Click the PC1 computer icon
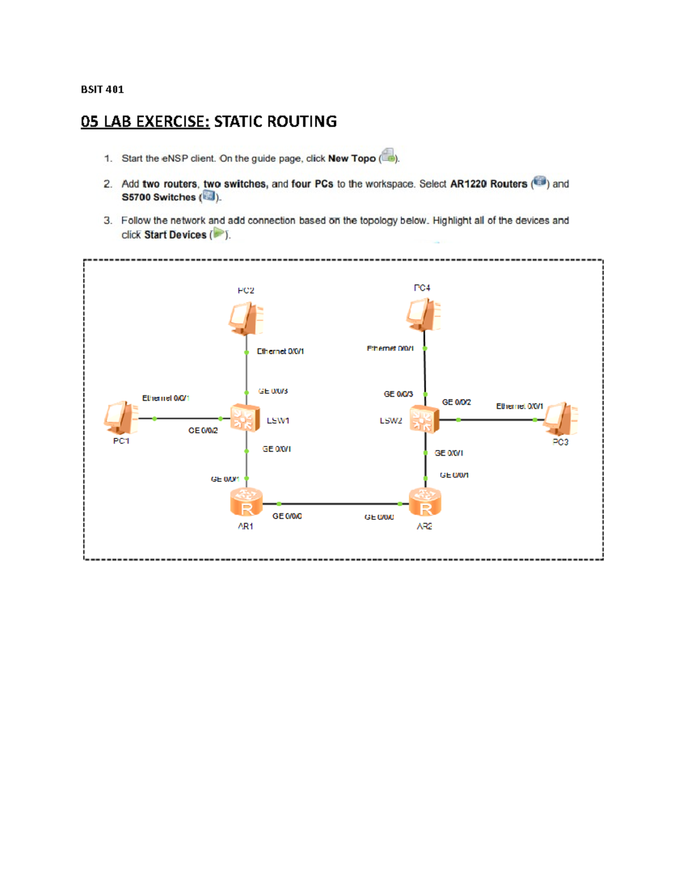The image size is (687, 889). [121, 418]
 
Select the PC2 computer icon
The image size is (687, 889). [246, 318]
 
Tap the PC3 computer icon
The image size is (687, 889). [560, 418]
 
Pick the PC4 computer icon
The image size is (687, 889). [424, 314]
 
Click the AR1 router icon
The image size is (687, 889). [246, 502]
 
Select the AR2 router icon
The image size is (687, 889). [425, 502]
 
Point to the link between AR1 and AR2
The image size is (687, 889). [338, 504]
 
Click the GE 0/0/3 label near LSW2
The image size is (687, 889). [398, 394]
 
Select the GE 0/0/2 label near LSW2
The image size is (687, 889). [456, 402]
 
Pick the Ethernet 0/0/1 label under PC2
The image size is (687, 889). [280, 351]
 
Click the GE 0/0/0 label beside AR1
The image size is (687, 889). [287, 516]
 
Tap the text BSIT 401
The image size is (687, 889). [102, 89]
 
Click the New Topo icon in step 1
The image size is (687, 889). [388, 156]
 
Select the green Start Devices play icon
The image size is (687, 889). [219, 234]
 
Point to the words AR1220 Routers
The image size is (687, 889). [488, 184]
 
